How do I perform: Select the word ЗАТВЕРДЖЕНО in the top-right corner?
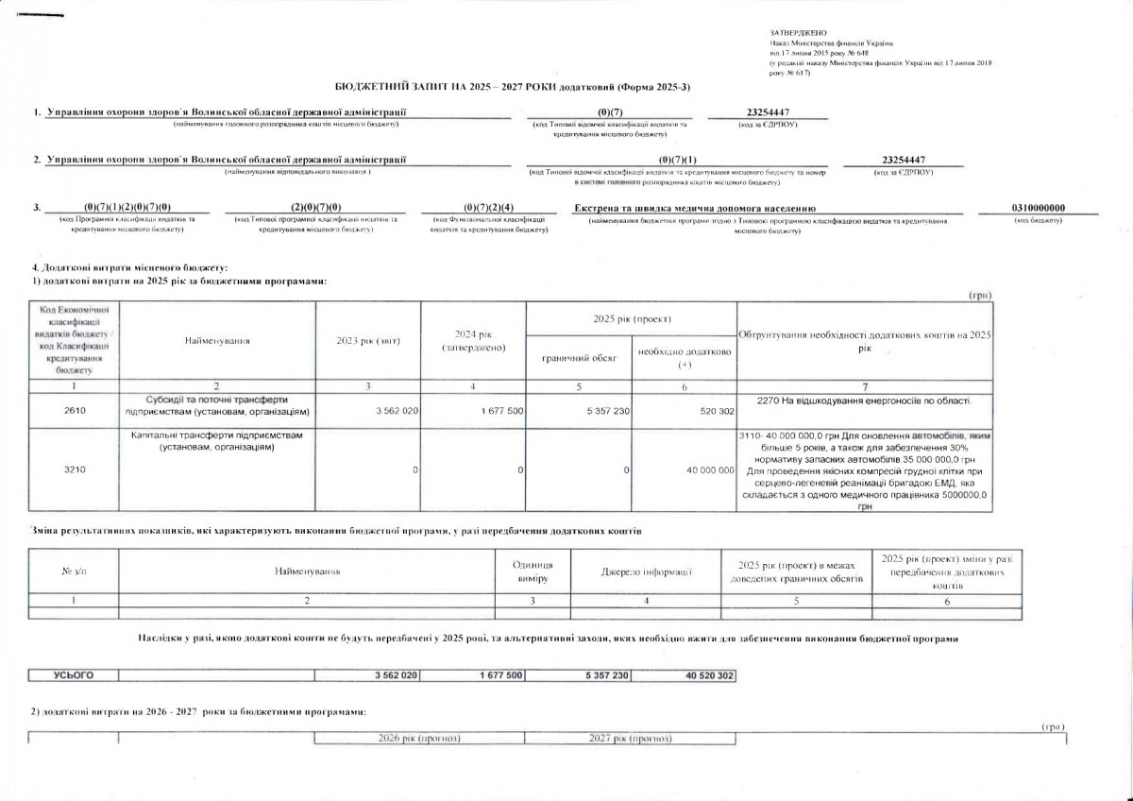pos(792,34)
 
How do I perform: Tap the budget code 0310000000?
pos(1038,208)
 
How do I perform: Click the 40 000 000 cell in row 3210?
pos(705,469)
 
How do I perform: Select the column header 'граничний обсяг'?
pos(579,357)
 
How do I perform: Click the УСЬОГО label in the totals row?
pos(75,675)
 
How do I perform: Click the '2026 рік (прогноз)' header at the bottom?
pos(419,738)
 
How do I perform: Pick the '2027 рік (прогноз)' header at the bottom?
pos(630,738)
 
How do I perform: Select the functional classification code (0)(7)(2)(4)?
pos(489,208)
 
